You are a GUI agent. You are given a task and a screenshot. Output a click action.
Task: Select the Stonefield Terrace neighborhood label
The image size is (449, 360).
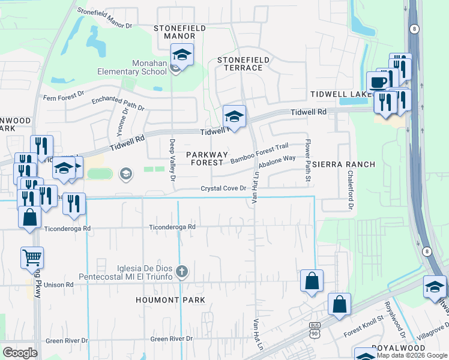(x=240, y=64)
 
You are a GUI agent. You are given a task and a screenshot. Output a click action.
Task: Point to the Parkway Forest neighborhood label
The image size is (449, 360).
(x=206, y=158)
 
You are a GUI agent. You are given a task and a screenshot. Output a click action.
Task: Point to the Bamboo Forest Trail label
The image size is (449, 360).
(x=260, y=152)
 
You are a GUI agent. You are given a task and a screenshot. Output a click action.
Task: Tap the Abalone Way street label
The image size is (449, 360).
(x=277, y=162)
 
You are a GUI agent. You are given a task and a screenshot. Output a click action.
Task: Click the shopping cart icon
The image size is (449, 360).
(x=32, y=258)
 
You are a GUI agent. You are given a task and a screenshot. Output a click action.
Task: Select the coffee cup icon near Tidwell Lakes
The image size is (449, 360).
(x=378, y=82)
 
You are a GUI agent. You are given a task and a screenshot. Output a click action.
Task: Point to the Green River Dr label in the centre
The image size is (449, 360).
(x=172, y=338)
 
